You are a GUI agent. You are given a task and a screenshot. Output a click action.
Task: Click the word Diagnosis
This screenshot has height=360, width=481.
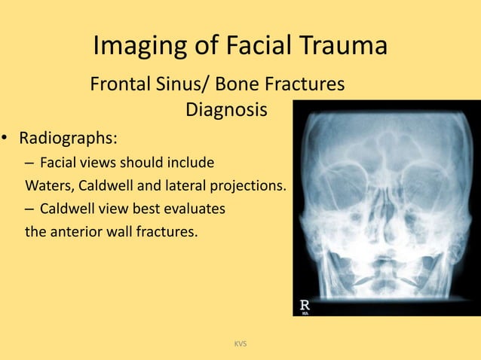[x=226, y=110]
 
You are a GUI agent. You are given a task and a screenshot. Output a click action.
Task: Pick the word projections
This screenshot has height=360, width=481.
[x=250, y=185]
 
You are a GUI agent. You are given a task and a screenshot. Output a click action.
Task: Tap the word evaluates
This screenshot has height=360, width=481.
[x=193, y=209]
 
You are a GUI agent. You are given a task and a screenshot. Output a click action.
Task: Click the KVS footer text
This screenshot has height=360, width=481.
[x=240, y=344]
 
